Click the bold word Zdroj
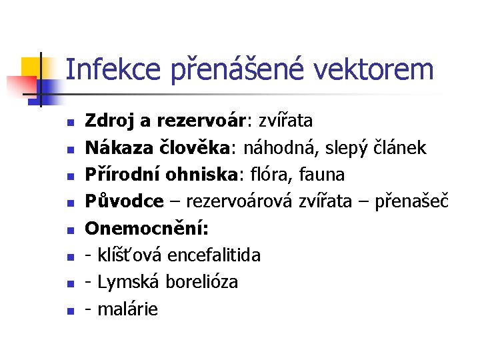pos(109,121)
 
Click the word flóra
pos(267,175)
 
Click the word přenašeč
pos(412,201)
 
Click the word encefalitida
pos(215,255)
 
